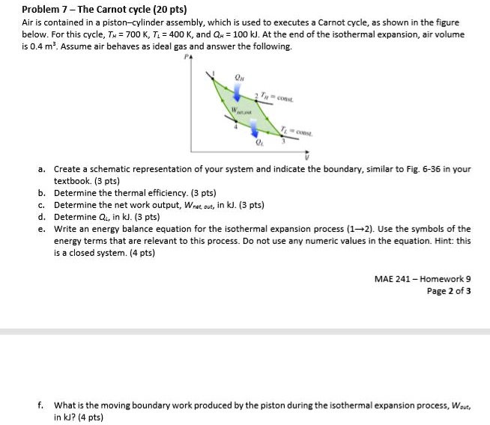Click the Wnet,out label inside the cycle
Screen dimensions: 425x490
(241, 112)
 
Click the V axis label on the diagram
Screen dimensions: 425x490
(306, 158)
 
